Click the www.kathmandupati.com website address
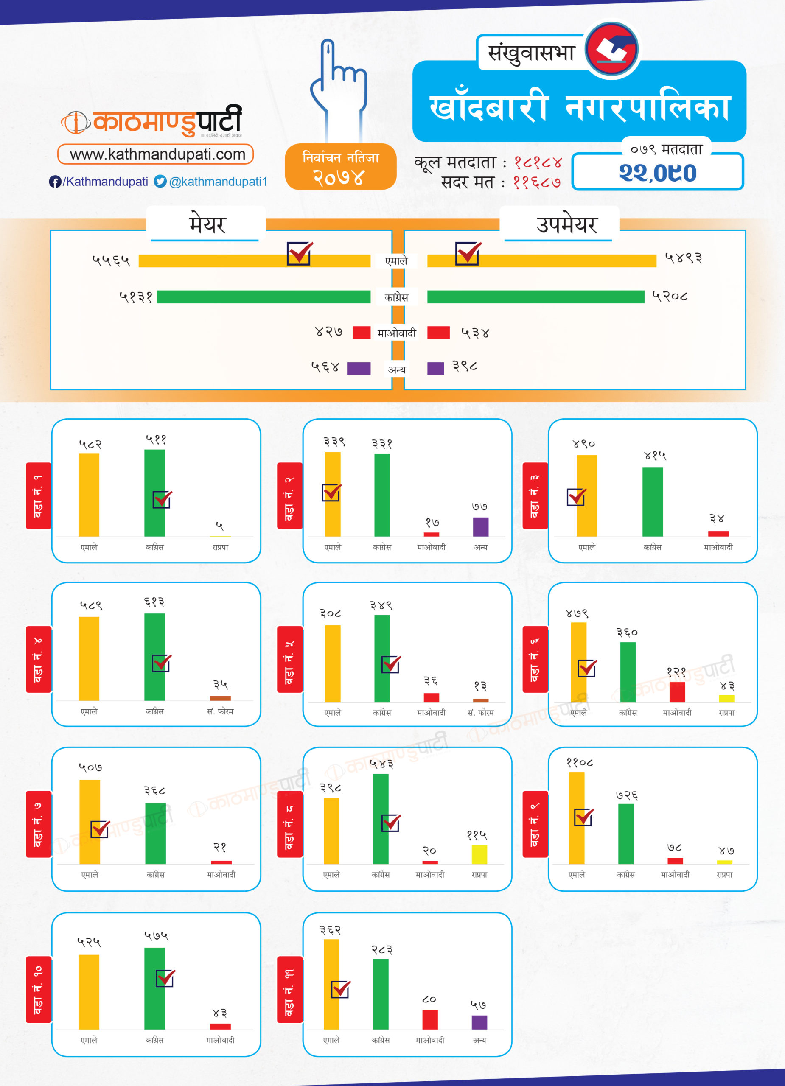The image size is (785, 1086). (157, 154)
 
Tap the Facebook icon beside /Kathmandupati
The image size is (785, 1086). (55, 182)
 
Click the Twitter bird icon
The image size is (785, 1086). (160, 182)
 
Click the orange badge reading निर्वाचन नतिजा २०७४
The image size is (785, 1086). (341, 167)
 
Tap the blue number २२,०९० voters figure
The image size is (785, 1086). (657, 172)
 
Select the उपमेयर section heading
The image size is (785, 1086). (566, 224)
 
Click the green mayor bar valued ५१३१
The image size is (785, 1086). (264, 297)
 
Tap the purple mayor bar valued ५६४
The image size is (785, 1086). (358, 368)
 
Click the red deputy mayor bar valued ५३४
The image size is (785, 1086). (438, 332)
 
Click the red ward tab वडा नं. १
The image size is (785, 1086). (38, 495)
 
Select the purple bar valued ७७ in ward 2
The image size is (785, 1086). (480, 527)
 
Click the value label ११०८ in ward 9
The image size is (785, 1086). (580, 763)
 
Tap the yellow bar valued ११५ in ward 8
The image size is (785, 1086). (479, 855)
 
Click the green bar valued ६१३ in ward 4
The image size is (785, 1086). (155, 657)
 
